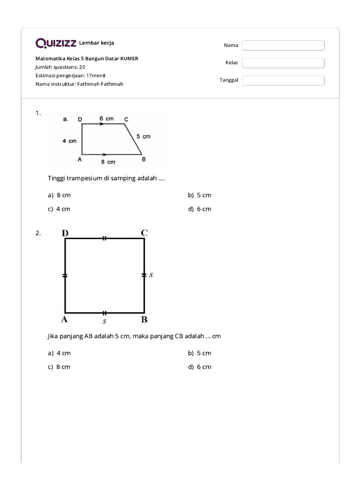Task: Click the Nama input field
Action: point(283,45)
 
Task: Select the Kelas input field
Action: point(283,63)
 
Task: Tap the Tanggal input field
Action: point(283,80)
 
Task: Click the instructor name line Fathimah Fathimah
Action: point(79,84)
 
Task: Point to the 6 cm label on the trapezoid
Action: point(106,119)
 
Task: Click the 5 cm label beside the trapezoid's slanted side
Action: point(143,136)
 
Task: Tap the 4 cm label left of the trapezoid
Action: point(69,141)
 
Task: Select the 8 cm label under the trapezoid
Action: point(108,162)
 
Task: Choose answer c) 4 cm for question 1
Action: point(59,209)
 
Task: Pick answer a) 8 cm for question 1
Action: point(59,195)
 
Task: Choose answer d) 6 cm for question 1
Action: point(200,209)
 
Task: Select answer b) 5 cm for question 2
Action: point(200,353)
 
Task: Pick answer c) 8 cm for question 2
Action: point(59,367)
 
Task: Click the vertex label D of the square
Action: point(64,232)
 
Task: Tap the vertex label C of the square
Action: point(144,232)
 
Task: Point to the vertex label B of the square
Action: point(144,320)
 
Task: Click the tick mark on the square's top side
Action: point(105,239)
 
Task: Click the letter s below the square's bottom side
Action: point(105,322)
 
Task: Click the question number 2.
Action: point(38,233)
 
